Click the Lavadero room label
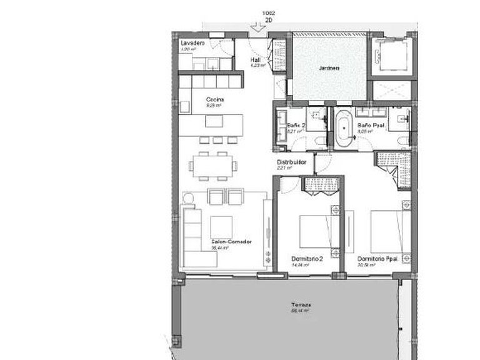point(190,42)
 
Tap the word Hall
point(255,59)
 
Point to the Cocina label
point(216,99)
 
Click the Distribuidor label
point(291,162)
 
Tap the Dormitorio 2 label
point(307,259)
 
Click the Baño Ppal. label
point(370,125)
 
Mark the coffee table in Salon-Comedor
point(221,224)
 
